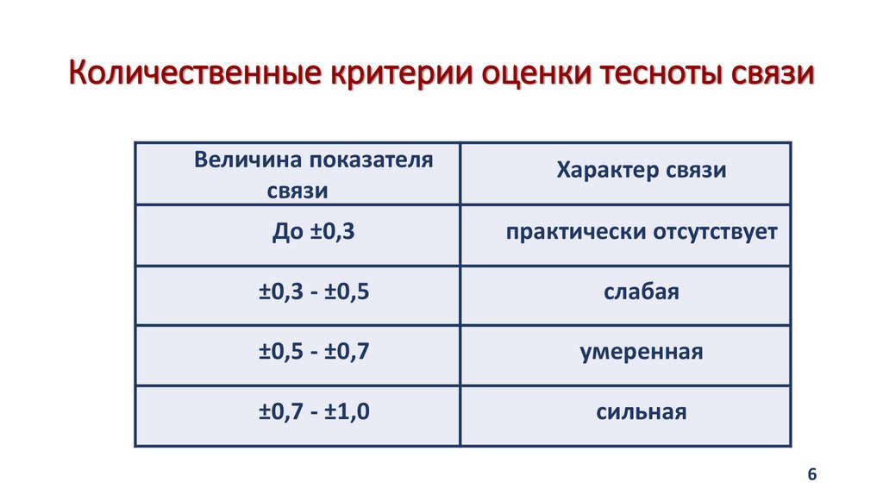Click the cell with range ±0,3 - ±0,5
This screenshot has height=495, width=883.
point(314,292)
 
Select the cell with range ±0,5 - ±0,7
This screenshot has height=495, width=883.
point(314,353)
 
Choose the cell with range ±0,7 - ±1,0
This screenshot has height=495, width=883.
point(314,412)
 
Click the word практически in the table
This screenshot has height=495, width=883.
point(565,232)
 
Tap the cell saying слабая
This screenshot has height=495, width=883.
point(641,292)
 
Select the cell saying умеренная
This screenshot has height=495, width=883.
point(641,353)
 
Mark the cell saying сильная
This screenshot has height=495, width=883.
point(641,412)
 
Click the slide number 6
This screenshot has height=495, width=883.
point(811,475)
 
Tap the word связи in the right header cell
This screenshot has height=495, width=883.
point(695,171)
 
